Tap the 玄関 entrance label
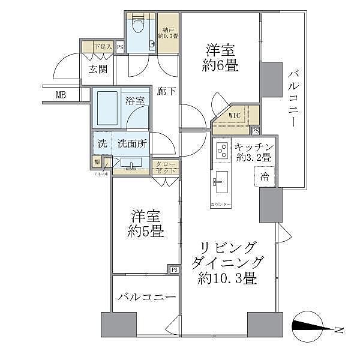[98, 68]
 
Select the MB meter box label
[61, 94]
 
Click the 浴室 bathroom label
[134, 101]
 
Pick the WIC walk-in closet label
[236, 116]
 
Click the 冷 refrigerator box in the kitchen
[264, 176]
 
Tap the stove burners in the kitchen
[221, 150]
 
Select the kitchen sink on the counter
[221, 181]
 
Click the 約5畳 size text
[146, 231]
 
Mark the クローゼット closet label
[166, 167]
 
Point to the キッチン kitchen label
[254, 147]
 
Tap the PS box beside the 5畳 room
[174, 270]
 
